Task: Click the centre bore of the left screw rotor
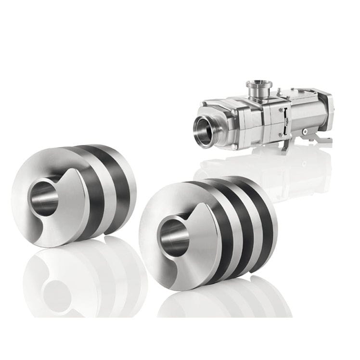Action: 46,194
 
